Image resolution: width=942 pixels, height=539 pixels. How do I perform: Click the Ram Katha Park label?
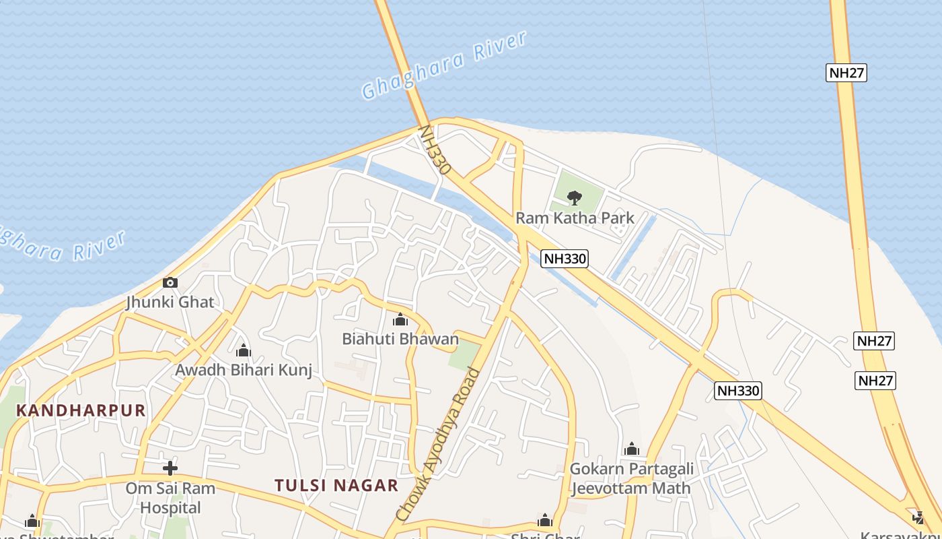(x=575, y=218)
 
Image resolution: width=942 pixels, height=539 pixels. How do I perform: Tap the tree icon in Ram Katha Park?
(x=574, y=197)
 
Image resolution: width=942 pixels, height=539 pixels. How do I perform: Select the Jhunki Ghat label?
(x=170, y=302)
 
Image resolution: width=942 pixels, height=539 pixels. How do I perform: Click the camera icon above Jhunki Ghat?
(x=170, y=282)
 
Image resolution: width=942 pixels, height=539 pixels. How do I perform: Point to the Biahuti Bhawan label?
(x=400, y=338)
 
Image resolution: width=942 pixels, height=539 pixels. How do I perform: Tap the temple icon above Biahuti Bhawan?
(x=400, y=319)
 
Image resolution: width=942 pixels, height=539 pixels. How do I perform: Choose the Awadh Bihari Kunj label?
(x=244, y=370)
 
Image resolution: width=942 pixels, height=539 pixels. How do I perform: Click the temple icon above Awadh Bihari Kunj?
(x=244, y=350)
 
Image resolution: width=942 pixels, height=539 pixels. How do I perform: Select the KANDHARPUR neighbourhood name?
(x=81, y=410)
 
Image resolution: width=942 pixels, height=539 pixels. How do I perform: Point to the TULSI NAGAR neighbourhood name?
(x=336, y=485)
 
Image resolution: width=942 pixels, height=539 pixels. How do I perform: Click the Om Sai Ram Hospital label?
(x=170, y=497)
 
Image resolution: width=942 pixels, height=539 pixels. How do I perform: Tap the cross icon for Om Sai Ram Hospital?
(x=170, y=468)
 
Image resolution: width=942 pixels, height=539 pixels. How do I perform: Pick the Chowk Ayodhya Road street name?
(x=439, y=445)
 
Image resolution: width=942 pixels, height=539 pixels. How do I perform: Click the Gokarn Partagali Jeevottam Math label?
(x=630, y=478)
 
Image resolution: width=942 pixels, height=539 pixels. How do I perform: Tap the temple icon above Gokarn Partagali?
(x=631, y=449)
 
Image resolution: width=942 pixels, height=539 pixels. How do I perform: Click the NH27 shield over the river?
(x=846, y=73)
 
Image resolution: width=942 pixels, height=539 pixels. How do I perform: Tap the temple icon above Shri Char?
(x=545, y=520)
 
